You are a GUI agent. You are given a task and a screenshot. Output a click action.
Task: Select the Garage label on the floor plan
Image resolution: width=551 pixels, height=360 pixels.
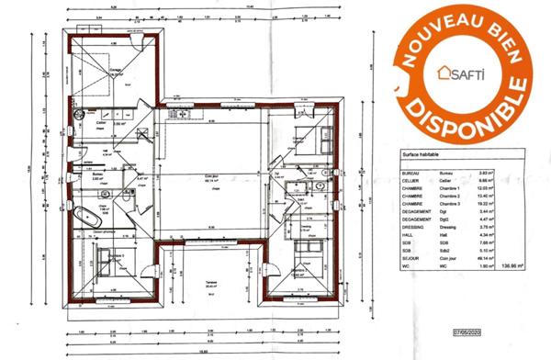click(117, 70)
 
